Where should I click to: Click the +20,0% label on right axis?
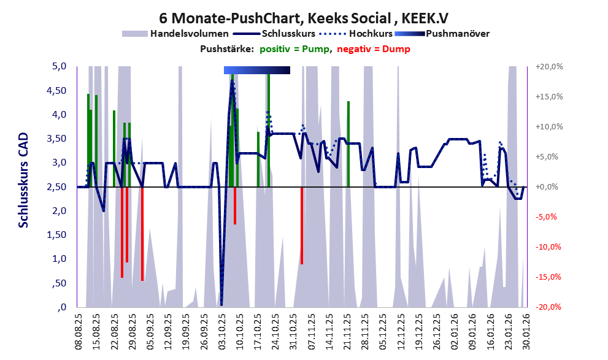pyautogui.click(x=549, y=66)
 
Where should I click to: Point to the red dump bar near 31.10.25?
pyautogui.click(x=302, y=225)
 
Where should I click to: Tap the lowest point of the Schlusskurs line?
pyautogui.click(x=221, y=304)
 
